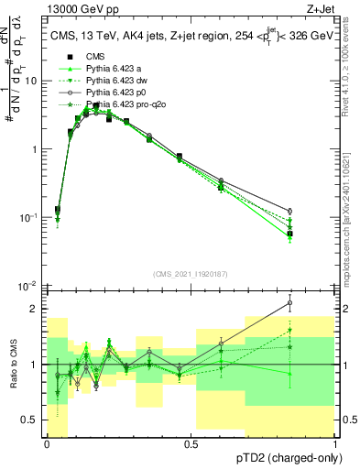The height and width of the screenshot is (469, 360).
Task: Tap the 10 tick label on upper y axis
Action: [31, 81]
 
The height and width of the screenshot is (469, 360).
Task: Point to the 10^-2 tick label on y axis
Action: [28, 286]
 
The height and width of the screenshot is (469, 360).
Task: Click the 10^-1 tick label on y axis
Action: [28, 217]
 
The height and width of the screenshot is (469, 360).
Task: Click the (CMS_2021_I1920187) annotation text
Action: [191, 274]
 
